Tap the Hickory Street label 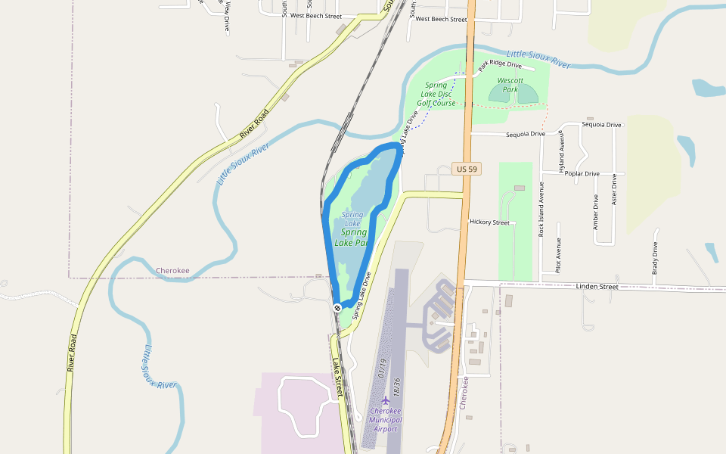click(x=489, y=222)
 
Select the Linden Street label click(x=597, y=286)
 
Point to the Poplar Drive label click(x=582, y=173)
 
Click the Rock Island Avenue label click(x=541, y=210)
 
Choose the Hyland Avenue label click(x=561, y=154)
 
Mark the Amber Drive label click(x=596, y=213)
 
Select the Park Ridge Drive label click(x=501, y=65)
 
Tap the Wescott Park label click(x=510, y=85)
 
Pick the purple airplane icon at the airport click(x=386, y=399)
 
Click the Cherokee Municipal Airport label click(x=386, y=420)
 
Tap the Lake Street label click(x=338, y=376)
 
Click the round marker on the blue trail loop click(x=337, y=307)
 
